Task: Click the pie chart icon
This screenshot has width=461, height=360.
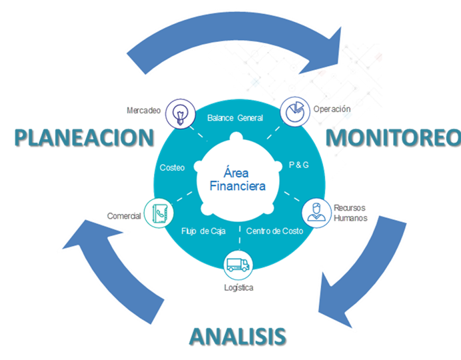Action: [x=292, y=112]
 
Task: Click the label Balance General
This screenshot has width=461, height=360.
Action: [x=235, y=118]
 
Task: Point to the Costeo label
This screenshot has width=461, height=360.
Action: [x=173, y=167]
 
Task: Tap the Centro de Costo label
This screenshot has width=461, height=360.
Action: [x=274, y=231]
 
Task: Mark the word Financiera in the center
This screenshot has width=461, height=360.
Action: [x=237, y=186]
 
